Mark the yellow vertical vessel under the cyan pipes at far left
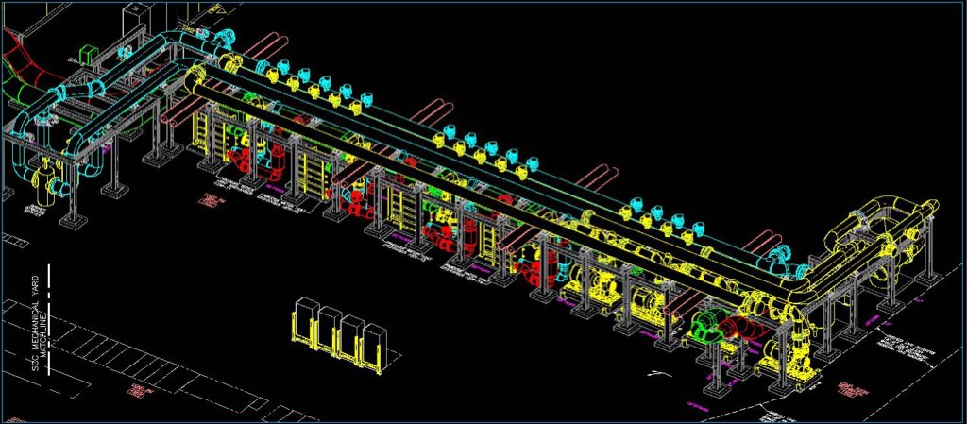tap(40, 179)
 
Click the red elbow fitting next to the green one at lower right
tap(733, 329)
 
